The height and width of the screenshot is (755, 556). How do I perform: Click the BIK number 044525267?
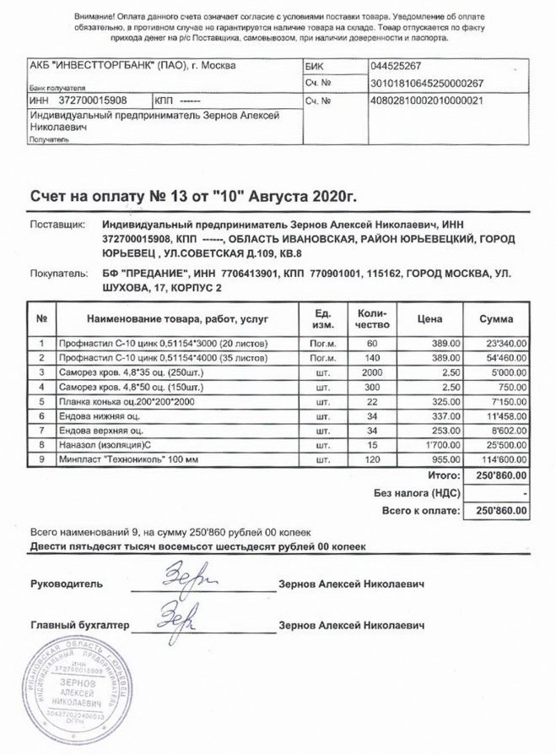pos(396,66)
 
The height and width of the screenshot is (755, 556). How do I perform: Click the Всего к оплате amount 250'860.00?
pos(501,511)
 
